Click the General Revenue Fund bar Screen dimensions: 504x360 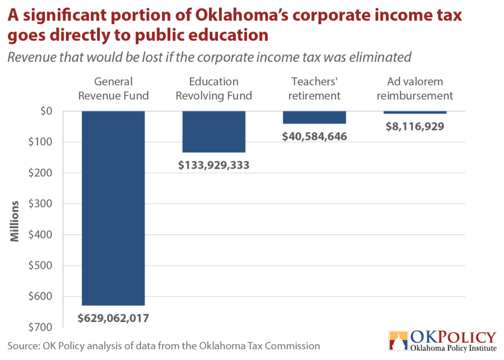(114, 208)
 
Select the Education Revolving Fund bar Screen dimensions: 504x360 (214, 132)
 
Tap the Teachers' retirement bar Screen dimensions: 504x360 (314, 118)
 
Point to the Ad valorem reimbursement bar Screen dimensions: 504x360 (415, 113)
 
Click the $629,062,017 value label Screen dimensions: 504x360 (114, 318)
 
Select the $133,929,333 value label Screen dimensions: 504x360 (214, 165)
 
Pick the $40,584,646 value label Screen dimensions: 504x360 (314, 137)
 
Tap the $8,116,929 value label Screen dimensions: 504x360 (415, 127)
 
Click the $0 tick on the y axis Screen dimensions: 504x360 (46, 111)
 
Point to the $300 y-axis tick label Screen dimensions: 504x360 (40, 203)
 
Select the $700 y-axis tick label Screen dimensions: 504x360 (40, 327)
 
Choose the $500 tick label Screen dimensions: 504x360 (40, 265)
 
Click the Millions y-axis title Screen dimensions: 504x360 (15, 221)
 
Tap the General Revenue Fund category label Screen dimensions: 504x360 (114, 88)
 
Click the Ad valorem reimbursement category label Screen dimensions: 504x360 (415, 88)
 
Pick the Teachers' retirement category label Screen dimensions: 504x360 (314, 88)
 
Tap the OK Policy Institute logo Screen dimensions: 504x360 (443, 341)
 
